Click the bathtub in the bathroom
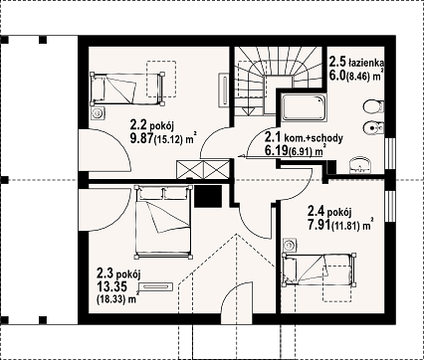[x=304, y=107]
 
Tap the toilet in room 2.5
[x=373, y=106]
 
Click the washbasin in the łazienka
[x=360, y=165]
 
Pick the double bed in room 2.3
[x=163, y=222]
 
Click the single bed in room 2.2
[x=127, y=89]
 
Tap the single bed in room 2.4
[x=319, y=270]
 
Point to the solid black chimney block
[x=208, y=196]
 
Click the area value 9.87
[x=141, y=137]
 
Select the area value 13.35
[x=108, y=286]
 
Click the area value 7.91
[x=319, y=225]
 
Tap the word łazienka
[x=366, y=62]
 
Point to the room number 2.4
[x=317, y=211]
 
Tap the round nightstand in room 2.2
[x=99, y=113]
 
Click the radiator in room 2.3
[x=156, y=286]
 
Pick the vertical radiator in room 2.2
[x=224, y=90]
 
